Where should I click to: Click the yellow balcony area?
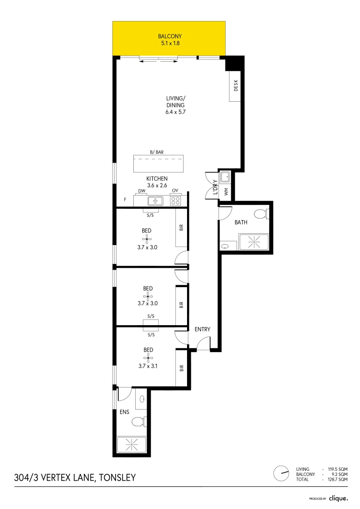(x=169, y=38)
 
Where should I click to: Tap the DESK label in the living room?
(x=236, y=86)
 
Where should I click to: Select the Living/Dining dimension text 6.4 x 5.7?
(x=175, y=112)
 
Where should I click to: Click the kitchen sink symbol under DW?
(x=155, y=201)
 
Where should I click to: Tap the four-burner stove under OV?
(x=175, y=201)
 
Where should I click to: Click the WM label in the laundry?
(x=226, y=192)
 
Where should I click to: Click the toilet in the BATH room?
(x=260, y=214)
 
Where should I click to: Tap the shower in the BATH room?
(x=254, y=243)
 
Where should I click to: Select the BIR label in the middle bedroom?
(x=181, y=304)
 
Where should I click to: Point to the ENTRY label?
(x=203, y=329)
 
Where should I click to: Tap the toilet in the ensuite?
(x=138, y=421)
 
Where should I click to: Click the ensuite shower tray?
(x=131, y=444)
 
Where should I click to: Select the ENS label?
(x=124, y=412)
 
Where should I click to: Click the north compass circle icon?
(x=281, y=473)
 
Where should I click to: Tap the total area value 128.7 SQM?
(x=338, y=479)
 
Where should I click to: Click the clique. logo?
(x=338, y=498)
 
